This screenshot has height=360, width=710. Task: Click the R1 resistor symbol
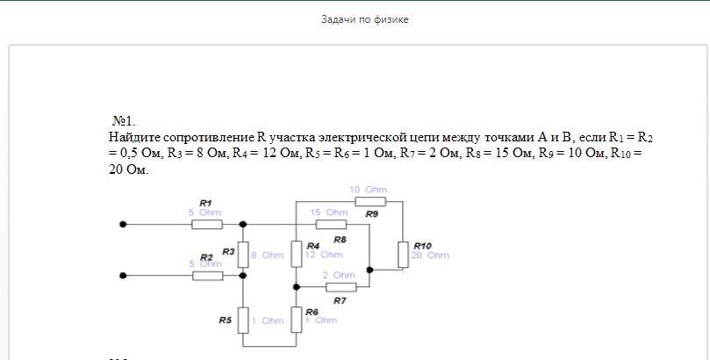[x=207, y=225]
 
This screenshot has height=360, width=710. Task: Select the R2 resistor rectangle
[x=207, y=276]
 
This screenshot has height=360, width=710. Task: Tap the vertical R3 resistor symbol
[x=244, y=255]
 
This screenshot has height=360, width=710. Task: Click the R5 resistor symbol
[x=244, y=320]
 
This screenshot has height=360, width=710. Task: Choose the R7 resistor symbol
[x=341, y=286]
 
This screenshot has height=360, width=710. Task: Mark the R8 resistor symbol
[x=331, y=225]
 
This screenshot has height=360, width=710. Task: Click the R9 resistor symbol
[x=369, y=201]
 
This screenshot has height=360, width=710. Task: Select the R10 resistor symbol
[x=402, y=255]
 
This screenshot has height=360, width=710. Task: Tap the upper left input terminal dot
[x=123, y=225]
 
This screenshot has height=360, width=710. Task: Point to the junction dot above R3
[x=244, y=225]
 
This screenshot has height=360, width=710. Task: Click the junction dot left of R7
[x=296, y=286]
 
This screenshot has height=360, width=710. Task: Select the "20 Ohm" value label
[x=431, y=256]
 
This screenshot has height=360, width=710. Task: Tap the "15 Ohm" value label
[x=329, y=212]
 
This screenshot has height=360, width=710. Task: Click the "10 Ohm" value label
[x=368, y=190]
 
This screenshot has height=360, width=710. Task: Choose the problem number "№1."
[x=124, y=120]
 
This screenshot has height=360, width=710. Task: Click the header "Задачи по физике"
[x=365, y=19]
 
